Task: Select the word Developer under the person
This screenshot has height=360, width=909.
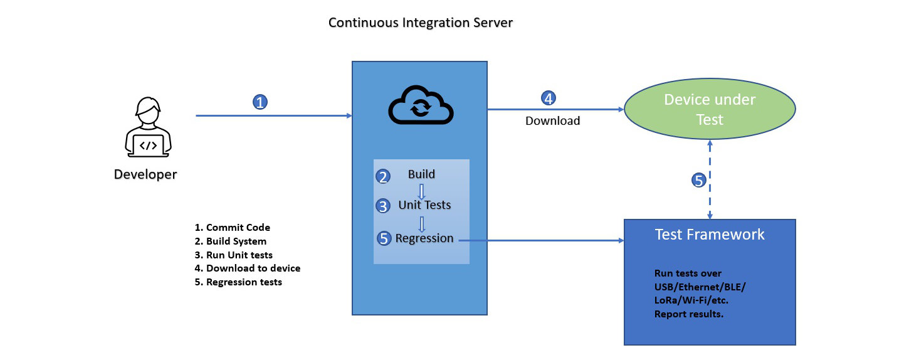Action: pyautogui.click(x=145, y=174)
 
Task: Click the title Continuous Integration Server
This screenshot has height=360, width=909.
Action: pyautogui.click(x=421, y=23)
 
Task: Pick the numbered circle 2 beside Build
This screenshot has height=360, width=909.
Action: pyautogui.click(x=383, y=177)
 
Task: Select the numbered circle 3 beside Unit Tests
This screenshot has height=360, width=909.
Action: pyautogui.click(x=383, y=206)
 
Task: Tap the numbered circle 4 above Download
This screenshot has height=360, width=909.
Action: pyautogui.click(x=549, y=98)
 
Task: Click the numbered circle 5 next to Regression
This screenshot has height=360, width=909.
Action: pyautogui.click(x=384, y=238)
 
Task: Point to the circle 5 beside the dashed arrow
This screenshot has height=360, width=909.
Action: pyautogui.click(x=699, y=181)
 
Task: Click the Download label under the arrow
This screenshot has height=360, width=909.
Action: pyautogui.click(x=552, y=121)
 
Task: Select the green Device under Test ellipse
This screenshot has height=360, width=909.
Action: pyautogui.click(x=710, y=109)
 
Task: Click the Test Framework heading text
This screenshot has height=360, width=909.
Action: pyautogui.click(x=710, y=235)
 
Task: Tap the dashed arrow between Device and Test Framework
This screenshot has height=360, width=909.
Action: pyautogui.click(x=710, y=188)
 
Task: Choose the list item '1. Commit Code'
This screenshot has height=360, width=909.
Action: pyautogui.click(x=233, y=228)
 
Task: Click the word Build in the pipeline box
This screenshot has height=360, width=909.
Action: pyautogui.click(x=421, y=174)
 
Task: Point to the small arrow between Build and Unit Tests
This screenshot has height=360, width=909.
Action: pyautogui.click(x=422, y=191)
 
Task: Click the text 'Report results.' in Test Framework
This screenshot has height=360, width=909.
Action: pyautogui.click(x=689, y=314)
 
